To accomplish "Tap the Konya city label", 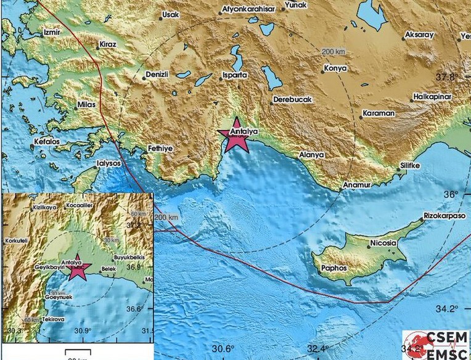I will (x=335, y=68).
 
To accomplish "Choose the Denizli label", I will (x=157, y=75).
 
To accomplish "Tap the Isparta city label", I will (x=234, y=75).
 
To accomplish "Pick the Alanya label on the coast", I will (x=311, y=155).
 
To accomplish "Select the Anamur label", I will (x=357, y=184).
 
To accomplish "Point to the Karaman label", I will (x=379, y=114).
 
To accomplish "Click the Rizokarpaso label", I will (x=444, y=216).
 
